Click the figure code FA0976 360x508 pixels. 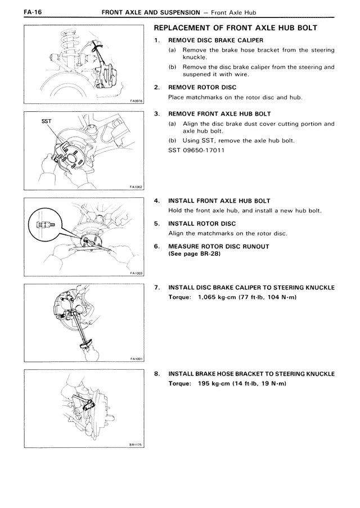click(x=136, y=102)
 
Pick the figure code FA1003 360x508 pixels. click(x=136, y=273)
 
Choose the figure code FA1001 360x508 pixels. click(x=136, y=359)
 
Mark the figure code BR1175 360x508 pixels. click(x=136, y=444)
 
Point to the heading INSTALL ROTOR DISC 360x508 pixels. click(x=203, y=223)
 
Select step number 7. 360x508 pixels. click(x=156, y=287)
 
